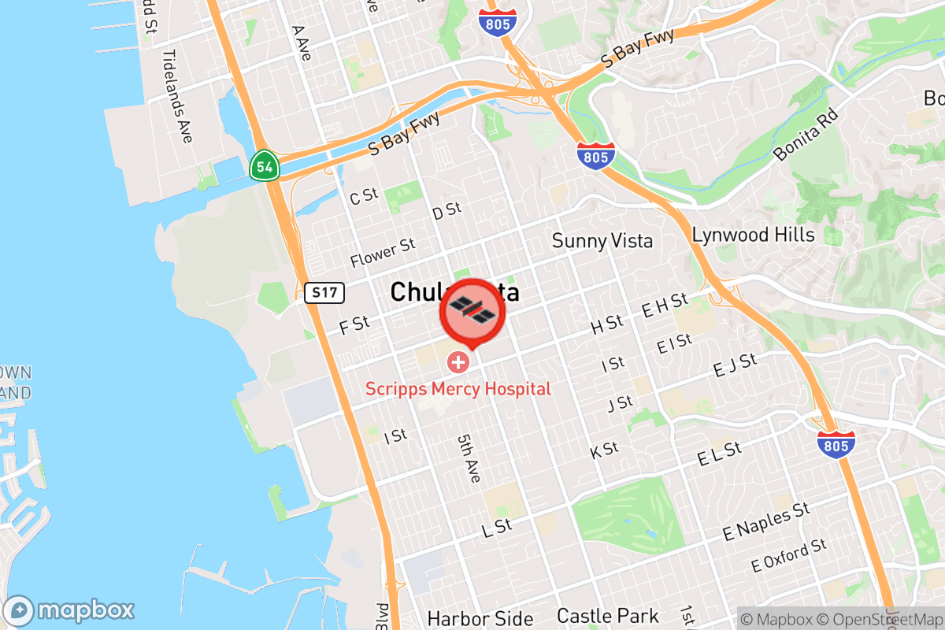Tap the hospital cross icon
click(458, 362)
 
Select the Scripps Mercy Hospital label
click(458, 388)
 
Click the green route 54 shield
click(263, 166)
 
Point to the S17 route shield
click(324, 294)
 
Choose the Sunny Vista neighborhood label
click(602, 240)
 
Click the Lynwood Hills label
click(753, 235)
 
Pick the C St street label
click(364, 197)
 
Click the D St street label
click(447, 211)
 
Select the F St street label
click(354, 324)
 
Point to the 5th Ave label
click(469, 461)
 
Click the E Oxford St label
click(788, 555)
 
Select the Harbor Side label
click(480, 619)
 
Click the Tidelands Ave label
click(177, 96)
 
